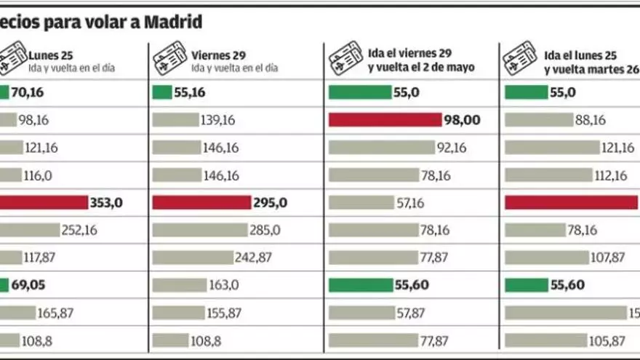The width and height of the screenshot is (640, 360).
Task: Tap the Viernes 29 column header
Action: pos(219,55)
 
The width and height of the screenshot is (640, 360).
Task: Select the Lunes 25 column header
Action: pos(51,55)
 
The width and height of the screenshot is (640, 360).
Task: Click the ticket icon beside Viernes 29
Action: pos(169,60)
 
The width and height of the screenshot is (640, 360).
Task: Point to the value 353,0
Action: pos(105,203)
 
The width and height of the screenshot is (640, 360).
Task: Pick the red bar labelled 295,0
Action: pos(200,203)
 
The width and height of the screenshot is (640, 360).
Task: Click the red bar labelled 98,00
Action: pos(385,120)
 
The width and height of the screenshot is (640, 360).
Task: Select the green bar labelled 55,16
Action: pos(161,92)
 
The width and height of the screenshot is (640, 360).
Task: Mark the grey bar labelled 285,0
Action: pos(199,230)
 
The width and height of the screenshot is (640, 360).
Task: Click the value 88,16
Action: pos(590,120)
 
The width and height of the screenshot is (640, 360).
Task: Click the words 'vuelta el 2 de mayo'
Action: pos(422,68)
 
